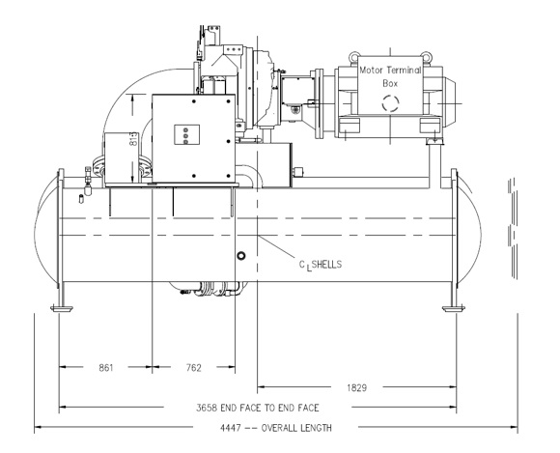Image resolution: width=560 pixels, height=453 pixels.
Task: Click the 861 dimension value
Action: [105, 368]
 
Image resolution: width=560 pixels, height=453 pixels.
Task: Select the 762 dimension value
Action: [193, 368]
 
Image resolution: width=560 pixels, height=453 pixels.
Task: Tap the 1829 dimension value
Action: [357, 387]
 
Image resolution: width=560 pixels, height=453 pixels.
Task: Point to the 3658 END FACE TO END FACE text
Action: [258, 408]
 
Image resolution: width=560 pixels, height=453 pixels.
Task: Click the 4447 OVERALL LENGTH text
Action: [276, 428]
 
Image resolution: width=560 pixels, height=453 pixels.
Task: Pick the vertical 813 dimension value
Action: [133, 139]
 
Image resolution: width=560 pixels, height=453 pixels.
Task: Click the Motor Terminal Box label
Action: [390, 77]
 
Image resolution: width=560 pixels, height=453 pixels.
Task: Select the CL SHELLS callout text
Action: [320, 265]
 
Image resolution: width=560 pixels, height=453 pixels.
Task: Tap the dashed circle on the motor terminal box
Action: [390, 103]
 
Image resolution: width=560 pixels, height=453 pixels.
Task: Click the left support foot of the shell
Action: [62, 308]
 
